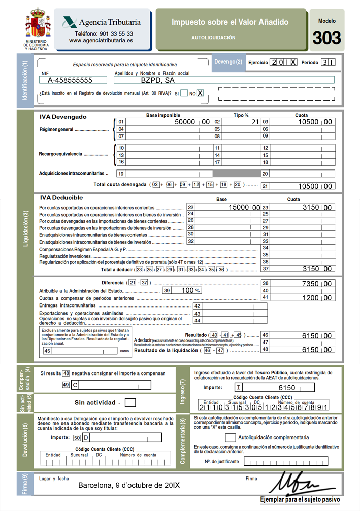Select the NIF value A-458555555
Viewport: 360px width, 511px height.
pyautogui.click(x=70, y=80)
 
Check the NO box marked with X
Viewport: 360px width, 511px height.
pyautogui.click(x=200, y=93)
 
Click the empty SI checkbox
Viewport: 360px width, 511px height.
pyautogui.click(x=184, y=93)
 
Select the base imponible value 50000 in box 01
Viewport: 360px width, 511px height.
pyautogui.click(x=185, y=122)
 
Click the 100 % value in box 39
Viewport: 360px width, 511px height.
pyautogui.click(x=188, y=290)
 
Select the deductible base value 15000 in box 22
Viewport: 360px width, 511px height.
pyautogui.click(x=238, y=208)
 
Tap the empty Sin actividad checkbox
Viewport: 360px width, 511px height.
pyautogui.click(x=130, y=403)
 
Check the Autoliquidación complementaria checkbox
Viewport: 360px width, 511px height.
pyautogui.click(x=230, y=437)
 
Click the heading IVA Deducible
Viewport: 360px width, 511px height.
pyautogui.click(x=61, y=198)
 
